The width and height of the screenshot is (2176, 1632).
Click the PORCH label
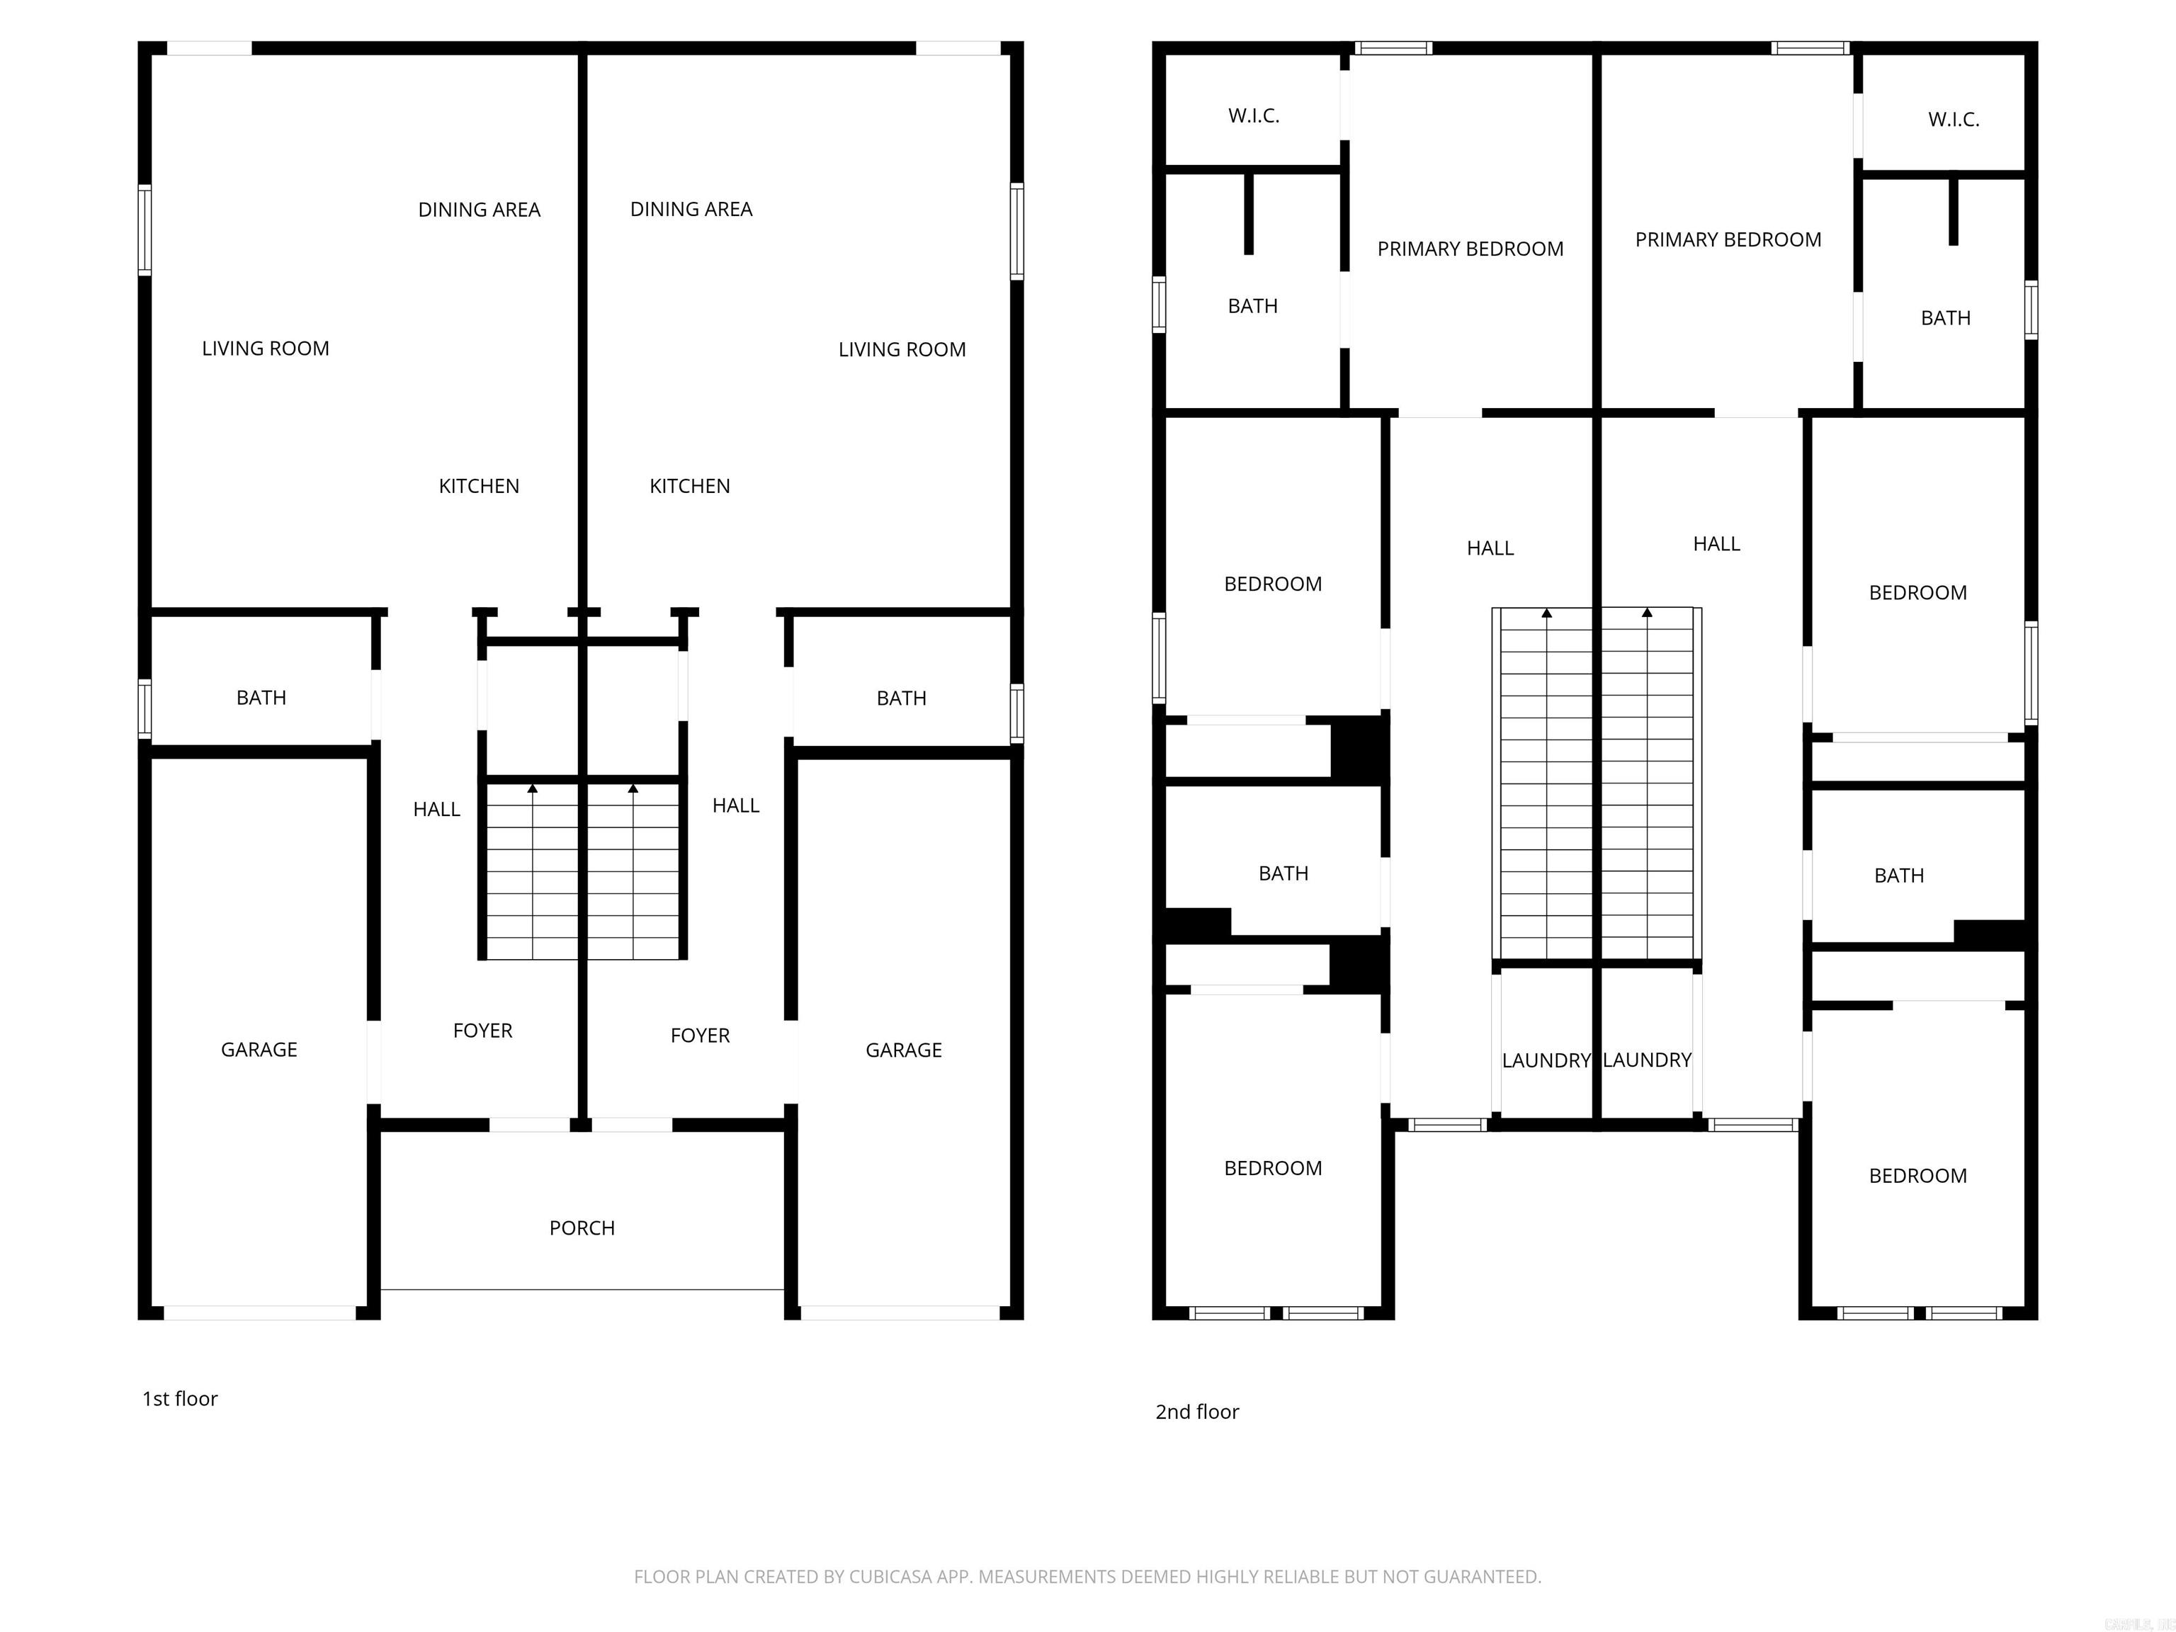click(x=582, y=1228)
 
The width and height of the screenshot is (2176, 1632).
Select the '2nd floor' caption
click(x=1196, y=1412)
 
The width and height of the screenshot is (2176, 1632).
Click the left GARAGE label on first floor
click(x=259, y=1050)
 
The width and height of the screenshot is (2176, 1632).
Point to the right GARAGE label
click(x=903, y=1050)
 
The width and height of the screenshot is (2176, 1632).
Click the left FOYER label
click(x=482, y=1031)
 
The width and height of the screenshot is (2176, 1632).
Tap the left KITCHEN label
click(x=478, y=486)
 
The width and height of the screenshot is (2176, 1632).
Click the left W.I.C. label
click(x=1253, y=116)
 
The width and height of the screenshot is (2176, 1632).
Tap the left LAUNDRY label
click(x=1546, y=1060)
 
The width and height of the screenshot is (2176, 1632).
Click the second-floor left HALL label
click(x=1490, y=549)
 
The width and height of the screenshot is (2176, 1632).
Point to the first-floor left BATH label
click(x=261, y=698)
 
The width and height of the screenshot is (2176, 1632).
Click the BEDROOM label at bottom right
click(x=1917, y=1176)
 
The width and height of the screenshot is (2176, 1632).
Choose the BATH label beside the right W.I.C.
click(x=1945, y=318)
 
